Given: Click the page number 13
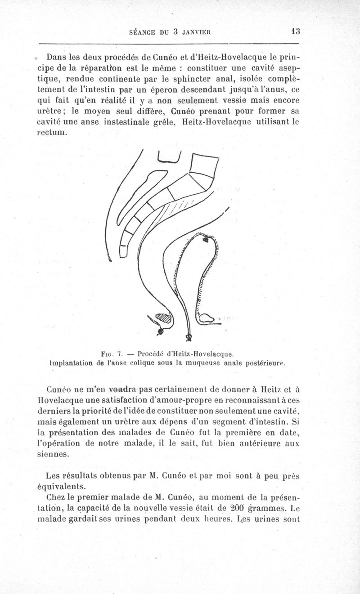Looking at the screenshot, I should point(296,31).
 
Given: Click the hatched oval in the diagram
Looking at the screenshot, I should point(164,319).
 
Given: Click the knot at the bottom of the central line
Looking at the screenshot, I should point(189,337).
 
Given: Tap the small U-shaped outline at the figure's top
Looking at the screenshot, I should point(169,156).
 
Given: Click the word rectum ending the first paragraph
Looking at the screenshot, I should point(52,134).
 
